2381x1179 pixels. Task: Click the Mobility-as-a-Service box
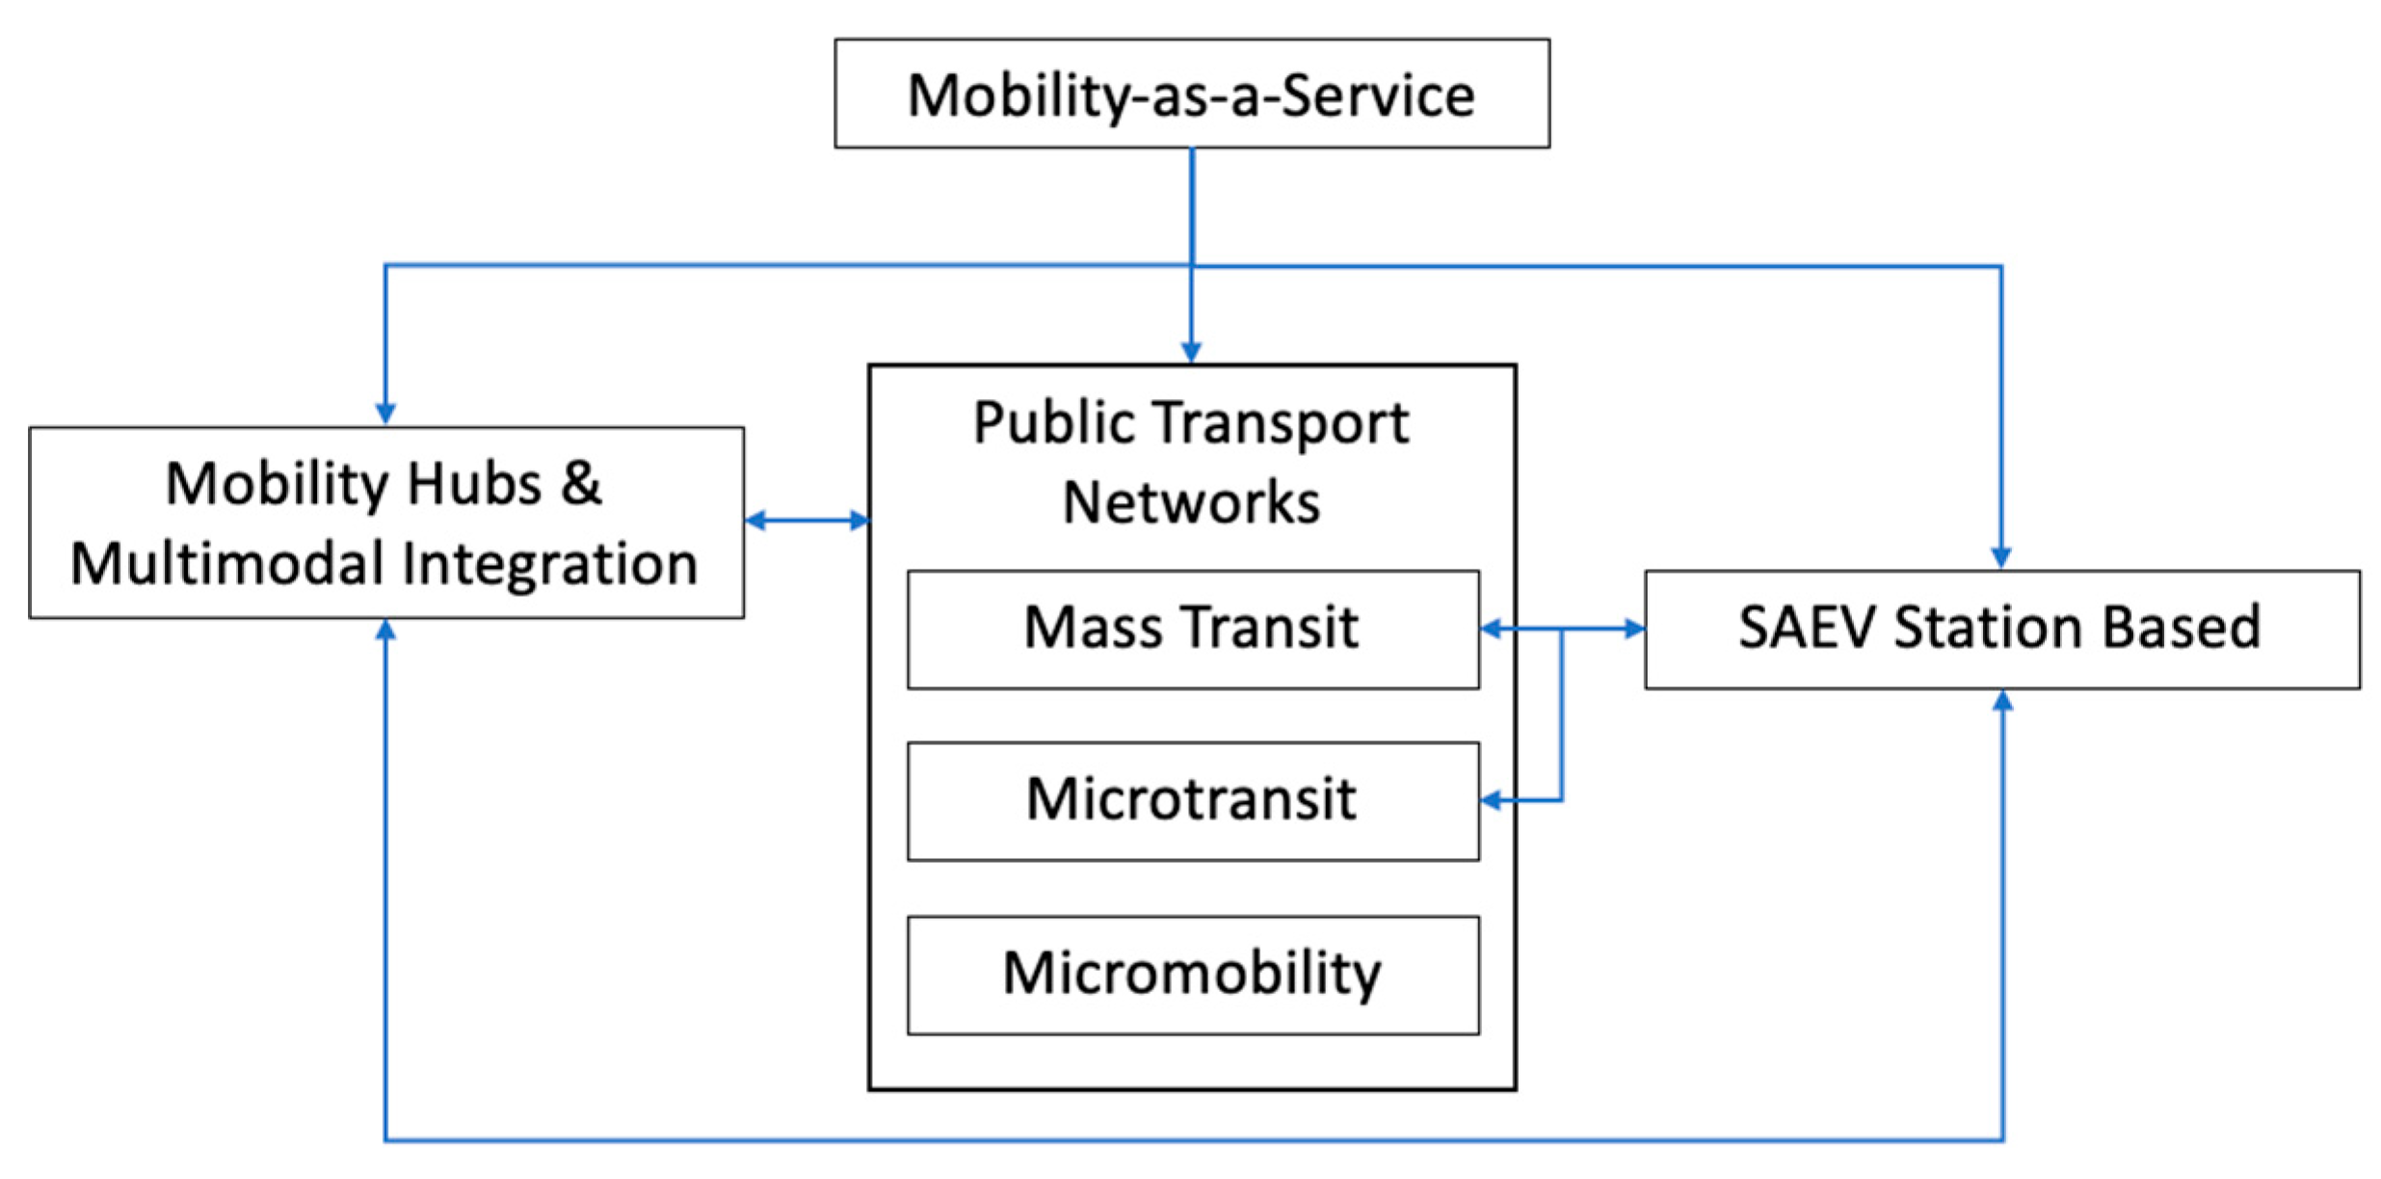coord(1191,94)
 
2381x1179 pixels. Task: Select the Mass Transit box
coord(1192,629)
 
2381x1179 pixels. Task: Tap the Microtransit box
coord(1192,800)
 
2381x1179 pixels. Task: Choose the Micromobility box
coord(1192,974)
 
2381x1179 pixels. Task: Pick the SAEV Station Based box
coord(2001,629)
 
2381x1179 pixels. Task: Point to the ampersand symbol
coord(581,483)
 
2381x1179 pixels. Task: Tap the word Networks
coord(1191,503)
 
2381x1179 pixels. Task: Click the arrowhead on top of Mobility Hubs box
coord(385,414)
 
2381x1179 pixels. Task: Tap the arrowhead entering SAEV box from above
coord(2001,557)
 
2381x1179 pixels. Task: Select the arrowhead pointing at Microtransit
coord(1492,800)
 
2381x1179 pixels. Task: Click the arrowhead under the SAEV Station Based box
coord(2002,702)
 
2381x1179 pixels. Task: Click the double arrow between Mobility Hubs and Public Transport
coord(807,521)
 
